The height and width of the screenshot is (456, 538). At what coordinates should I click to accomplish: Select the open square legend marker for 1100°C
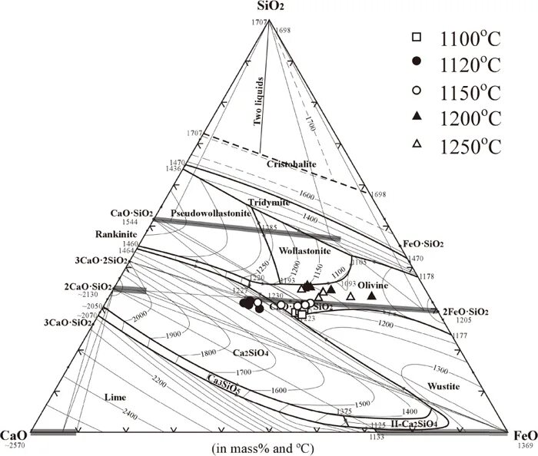pos(417,37)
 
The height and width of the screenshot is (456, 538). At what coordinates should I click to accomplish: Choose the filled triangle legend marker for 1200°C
pos(417,117)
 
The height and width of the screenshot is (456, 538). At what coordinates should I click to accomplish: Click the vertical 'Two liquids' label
pos(259,101)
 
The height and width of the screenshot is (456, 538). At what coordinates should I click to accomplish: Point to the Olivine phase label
pos(374,285)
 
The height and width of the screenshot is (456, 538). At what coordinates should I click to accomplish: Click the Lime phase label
pos(113,396)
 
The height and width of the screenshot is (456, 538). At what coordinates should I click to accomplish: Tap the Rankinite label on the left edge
pos(116,234)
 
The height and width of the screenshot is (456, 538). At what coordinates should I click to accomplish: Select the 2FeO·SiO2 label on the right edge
pos(466,311)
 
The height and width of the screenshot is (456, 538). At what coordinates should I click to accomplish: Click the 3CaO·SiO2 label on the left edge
pos(68,322)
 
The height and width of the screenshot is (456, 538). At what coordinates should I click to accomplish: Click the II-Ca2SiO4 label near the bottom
pos(415,423)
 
